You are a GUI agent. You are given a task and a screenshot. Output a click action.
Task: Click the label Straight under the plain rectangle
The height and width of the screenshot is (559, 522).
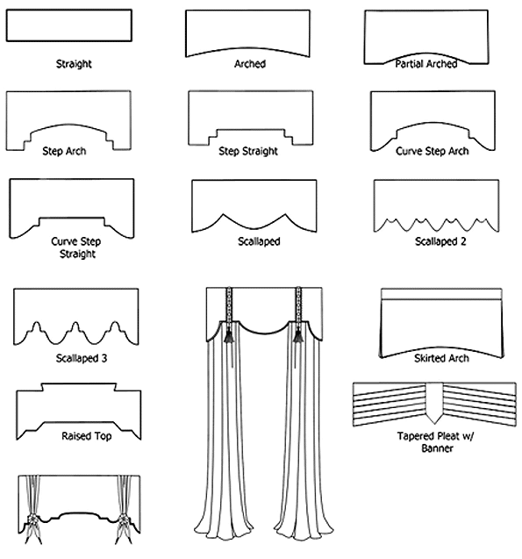click(74, 64)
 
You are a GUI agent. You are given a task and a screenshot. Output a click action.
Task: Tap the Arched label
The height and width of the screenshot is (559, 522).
click(250, 64)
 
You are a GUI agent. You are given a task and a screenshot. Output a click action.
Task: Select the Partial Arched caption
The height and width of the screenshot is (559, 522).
click(426, 64)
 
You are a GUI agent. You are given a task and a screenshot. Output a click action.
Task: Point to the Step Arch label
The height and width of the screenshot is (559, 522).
click(64, 151)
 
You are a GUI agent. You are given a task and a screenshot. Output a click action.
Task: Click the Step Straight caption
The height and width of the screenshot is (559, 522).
click(248, 151)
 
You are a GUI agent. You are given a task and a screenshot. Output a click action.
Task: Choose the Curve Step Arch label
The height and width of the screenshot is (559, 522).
click(432, 151)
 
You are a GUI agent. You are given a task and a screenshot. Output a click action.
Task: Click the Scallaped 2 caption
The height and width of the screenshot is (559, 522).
click(440, 241)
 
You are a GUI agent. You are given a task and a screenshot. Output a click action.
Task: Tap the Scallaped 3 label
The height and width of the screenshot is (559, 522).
click(82, 358)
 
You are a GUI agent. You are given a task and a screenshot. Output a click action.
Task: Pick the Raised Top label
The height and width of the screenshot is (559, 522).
click(87, 436)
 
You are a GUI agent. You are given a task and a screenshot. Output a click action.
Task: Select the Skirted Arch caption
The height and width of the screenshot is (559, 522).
click(441, 358)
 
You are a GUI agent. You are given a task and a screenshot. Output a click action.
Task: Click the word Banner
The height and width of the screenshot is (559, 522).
click(437, 448)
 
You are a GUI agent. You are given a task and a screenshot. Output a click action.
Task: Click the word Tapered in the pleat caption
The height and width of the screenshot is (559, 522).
click(413, 436)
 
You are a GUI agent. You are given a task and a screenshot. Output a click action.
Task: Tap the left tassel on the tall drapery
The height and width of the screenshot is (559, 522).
click(228, 334)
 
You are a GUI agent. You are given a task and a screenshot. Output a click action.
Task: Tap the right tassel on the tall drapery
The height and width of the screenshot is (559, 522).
click(297, 334)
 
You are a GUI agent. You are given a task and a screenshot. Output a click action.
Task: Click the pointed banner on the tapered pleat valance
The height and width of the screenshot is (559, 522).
click(434, 403)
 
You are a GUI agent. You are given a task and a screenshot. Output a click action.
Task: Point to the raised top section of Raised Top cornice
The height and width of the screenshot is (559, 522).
click(79, 387)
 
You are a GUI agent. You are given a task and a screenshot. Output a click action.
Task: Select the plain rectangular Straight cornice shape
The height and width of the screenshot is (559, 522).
click(69, 25)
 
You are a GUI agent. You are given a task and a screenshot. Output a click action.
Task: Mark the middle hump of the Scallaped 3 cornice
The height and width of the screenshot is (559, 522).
click(75, 327)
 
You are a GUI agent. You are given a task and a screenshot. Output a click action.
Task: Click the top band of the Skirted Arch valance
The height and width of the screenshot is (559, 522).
click(441, 294)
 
